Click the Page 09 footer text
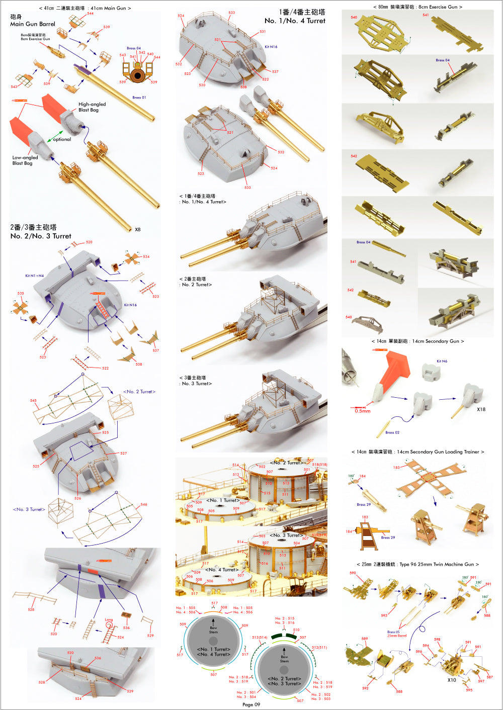[x=251, y=704]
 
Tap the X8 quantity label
[x=138, y=229]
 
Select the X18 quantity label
[x=481, y=409]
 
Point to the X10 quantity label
[x=452, y=680]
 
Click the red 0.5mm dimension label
[x=362, y=411]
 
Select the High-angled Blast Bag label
[x=92, y=107]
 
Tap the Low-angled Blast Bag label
[x=25, y=160]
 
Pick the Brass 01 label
[x=139, y=98]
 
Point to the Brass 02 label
[x=392, y=432]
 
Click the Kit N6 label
[x=442, y=361]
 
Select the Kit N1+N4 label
[x=34, y=276]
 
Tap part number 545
[x=33, y=401]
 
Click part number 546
[x=144, y=504]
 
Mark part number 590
[x=353, y=573]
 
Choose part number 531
[x=263, y=32]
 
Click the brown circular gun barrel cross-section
[x=137, y=75]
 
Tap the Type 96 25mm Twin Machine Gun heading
[x=417, y=564]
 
